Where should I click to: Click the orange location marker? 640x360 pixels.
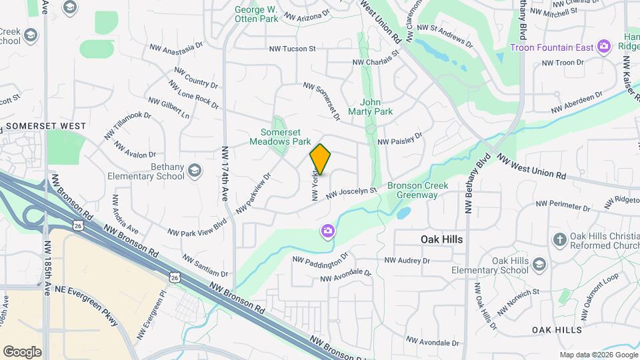click(x=321, y=160)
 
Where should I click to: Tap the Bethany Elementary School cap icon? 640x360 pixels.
click(x=195, y=171)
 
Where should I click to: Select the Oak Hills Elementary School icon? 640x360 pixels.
click(x=539, y=265)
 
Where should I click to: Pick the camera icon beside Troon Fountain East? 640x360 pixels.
click(x=604, y=46)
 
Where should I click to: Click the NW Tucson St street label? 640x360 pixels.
click(x=292, y=49)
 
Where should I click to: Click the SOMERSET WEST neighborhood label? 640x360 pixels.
click(x=45, y=126)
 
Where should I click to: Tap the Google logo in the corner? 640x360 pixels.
click(x=22, y=351)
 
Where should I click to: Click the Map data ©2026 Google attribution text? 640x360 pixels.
click(x=599, y=355)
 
